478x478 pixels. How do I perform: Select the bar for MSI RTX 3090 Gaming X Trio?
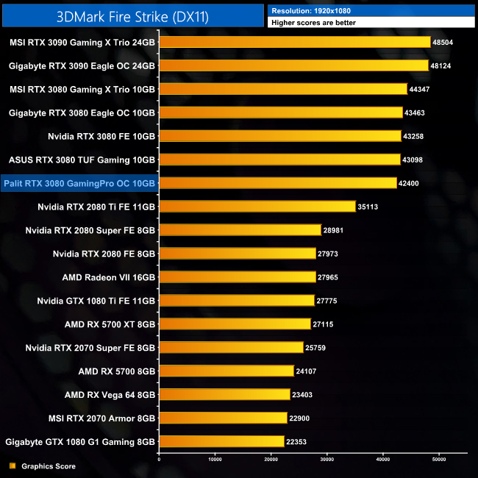pos(294,43)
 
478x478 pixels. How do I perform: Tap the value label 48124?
pos(443,66)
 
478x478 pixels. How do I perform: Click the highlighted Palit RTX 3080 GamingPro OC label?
pos(79,183)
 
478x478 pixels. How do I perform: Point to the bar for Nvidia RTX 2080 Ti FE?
pos(257,207)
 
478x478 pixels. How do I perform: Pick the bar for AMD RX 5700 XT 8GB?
pos(235,324)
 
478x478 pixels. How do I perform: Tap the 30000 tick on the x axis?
pos(327,459)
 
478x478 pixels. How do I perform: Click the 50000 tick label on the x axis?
pos(438,459)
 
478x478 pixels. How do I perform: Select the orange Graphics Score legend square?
pos(12,466)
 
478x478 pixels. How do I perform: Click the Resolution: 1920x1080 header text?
pos(307,10)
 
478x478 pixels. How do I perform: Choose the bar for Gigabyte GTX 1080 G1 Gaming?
pos(221,441)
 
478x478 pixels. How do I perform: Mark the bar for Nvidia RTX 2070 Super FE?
pos(231,348)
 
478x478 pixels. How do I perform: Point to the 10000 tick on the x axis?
pos(215,459)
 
